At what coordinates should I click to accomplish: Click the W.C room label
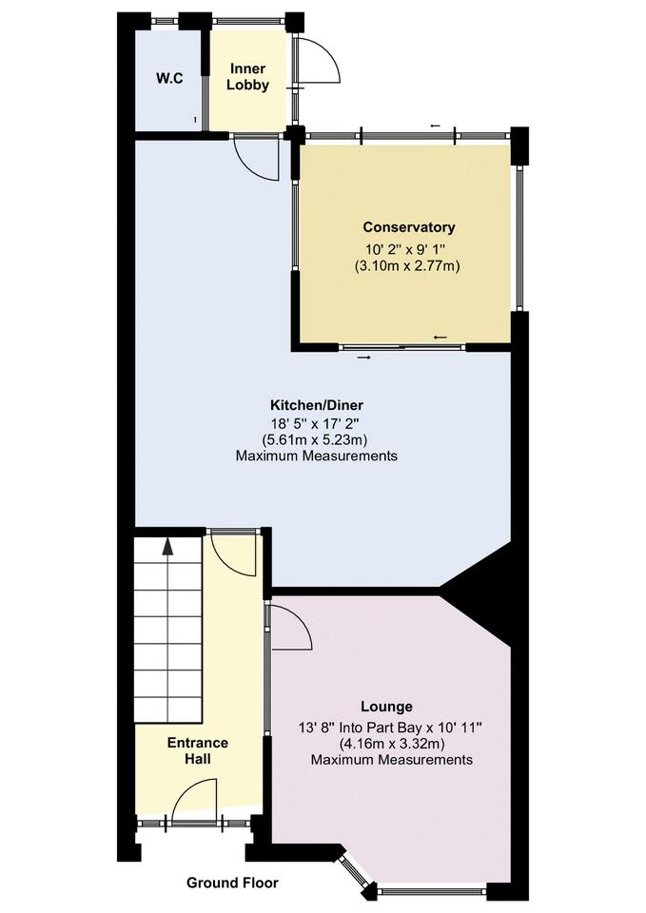(x=169, y=78)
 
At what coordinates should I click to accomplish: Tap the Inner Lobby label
(x=247, y=77)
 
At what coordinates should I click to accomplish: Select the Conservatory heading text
(x=408, y=227)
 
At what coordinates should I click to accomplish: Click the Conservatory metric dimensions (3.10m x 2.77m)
(x=408, y=265)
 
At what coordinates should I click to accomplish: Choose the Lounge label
(x=386, y=707)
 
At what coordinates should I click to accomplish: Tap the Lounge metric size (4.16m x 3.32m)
(x=392, y=743)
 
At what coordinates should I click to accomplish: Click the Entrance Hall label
(x=198, y=751)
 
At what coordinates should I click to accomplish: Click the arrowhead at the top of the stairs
(x=168, y=546)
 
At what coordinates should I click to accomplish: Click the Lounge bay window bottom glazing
(x=432, y=891)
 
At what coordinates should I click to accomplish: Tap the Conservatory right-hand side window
(x=519, y=238)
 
